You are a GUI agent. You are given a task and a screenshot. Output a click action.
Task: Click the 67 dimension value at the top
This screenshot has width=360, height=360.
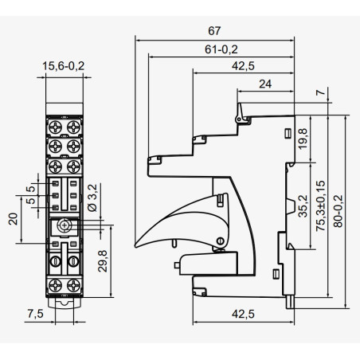pos(214,31)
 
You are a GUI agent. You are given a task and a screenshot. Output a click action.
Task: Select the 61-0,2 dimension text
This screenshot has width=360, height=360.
pos(221,49)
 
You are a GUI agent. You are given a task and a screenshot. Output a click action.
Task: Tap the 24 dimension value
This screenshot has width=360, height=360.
pos(265,84)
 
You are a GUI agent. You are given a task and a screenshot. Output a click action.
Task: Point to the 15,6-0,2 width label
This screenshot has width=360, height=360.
pos(64,66)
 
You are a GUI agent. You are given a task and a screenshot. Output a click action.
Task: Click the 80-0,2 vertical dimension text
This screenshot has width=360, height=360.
pos(338,211)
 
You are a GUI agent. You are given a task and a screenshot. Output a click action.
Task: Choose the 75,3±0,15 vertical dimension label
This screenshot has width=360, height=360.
pos(320,205)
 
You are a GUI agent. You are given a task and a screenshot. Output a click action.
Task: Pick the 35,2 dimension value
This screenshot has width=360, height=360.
pos(303,206)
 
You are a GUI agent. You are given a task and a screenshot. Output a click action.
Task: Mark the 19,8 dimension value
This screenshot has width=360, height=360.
pos(303,139)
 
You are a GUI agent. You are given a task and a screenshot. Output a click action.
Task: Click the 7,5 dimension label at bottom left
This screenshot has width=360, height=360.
pos(35,314)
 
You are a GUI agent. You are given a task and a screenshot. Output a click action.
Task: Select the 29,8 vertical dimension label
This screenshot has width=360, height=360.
pos(103,261)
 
